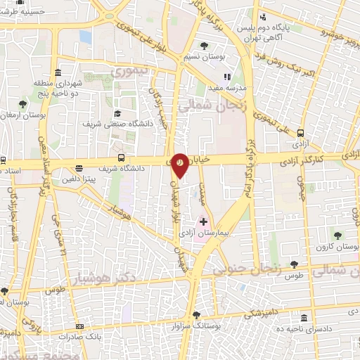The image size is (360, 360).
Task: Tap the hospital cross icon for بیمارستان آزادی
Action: [x=204, y=221]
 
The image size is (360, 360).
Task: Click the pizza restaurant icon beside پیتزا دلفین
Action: [x=79, y=169]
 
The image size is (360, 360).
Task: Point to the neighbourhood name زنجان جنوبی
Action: [x=275, y=264]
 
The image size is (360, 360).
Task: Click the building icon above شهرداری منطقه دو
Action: [x=56, y=73]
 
